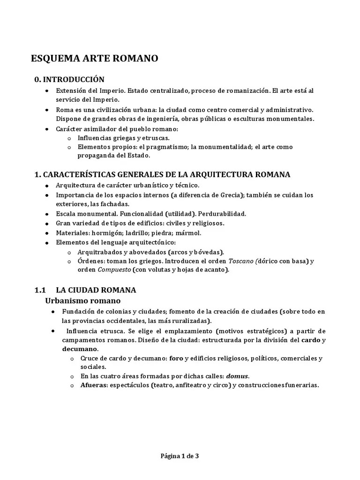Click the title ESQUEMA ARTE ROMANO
(x=94, y=59)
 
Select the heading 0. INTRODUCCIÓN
(x=69, y=79)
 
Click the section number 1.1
(x=40, y=290)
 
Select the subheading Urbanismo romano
(x=82, y=300)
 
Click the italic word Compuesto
(x=114, y=270)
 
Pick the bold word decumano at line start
(x=80, y=349)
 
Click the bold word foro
(x=176, y=359)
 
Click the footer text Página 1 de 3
(x=180, y=455)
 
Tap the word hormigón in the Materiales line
(x=109, y=232)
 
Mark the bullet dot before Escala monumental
(x=47, y=214)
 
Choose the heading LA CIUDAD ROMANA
(x=96, y=290)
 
